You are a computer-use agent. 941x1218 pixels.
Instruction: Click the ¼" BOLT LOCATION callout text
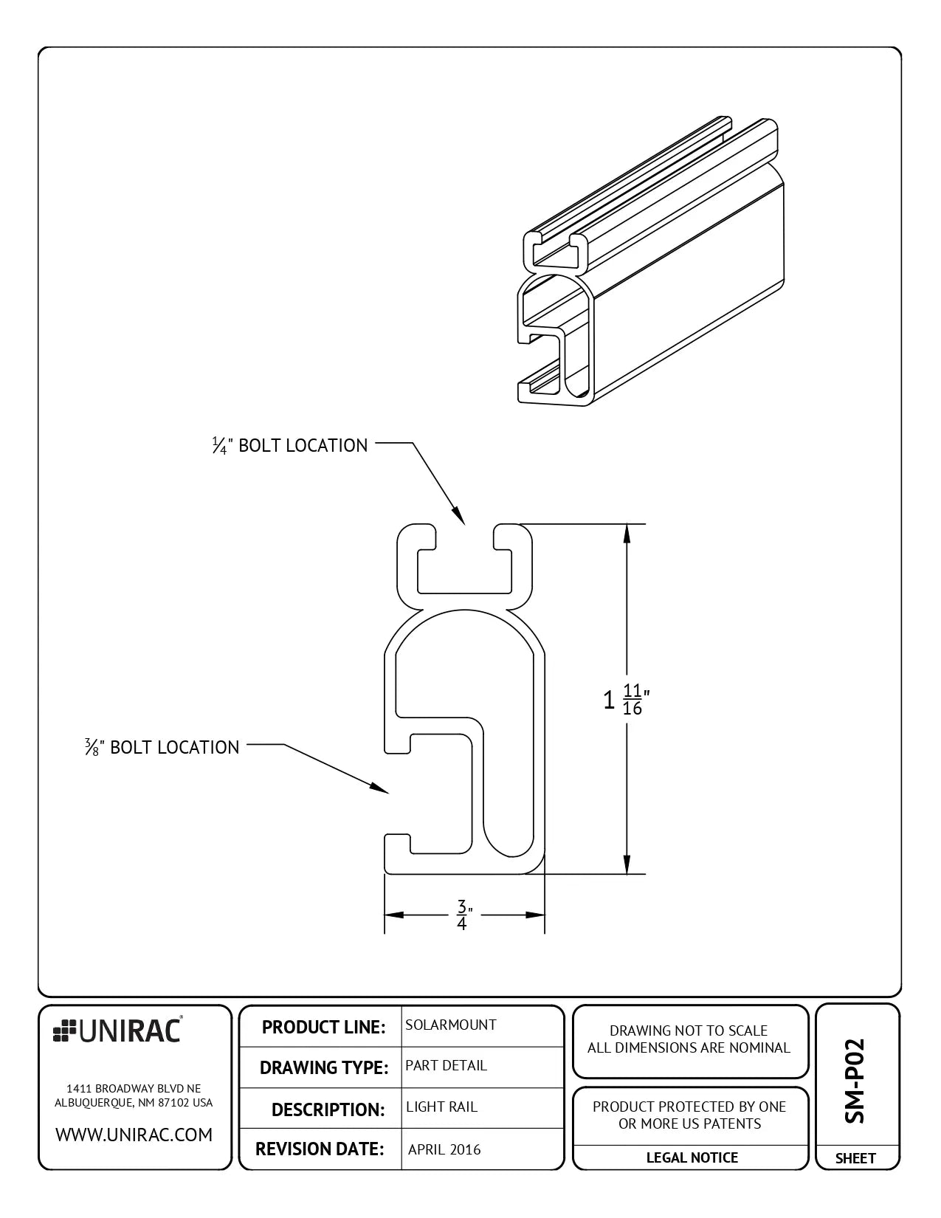tap(290, 445)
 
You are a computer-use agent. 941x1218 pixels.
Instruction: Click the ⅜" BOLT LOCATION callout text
tap(162, 747)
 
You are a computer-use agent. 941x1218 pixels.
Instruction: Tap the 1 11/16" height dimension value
tap(626, 699)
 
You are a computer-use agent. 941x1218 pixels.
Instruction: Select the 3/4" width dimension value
tap(463, 915)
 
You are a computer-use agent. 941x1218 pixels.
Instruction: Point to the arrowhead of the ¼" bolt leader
tap(458, 517)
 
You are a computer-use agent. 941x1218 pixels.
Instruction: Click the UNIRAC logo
tap(117, 1031)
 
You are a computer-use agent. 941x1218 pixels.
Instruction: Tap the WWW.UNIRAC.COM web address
tap(134, 1135)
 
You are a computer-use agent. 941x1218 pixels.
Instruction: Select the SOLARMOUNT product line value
tap(450, 1025)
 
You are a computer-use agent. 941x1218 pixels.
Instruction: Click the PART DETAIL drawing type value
tap(446, 1065)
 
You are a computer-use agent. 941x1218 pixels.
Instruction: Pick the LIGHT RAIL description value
tap(441, 1107)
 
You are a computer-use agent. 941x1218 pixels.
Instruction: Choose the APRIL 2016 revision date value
tap(444, 1149)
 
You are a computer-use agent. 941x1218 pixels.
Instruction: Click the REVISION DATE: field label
tap(320, 1149)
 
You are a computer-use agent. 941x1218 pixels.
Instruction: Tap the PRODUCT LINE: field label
tap(323, 1027)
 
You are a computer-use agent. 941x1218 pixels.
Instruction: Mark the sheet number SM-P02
tap(854, 1081)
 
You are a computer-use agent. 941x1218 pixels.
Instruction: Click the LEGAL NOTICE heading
tap(692, 1157)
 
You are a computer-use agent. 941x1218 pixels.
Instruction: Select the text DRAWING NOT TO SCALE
tap(688, 1031)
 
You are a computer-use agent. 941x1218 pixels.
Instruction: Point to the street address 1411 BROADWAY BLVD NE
tap(134, 1088)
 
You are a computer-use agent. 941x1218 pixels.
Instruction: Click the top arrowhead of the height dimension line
tap(627, 532)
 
